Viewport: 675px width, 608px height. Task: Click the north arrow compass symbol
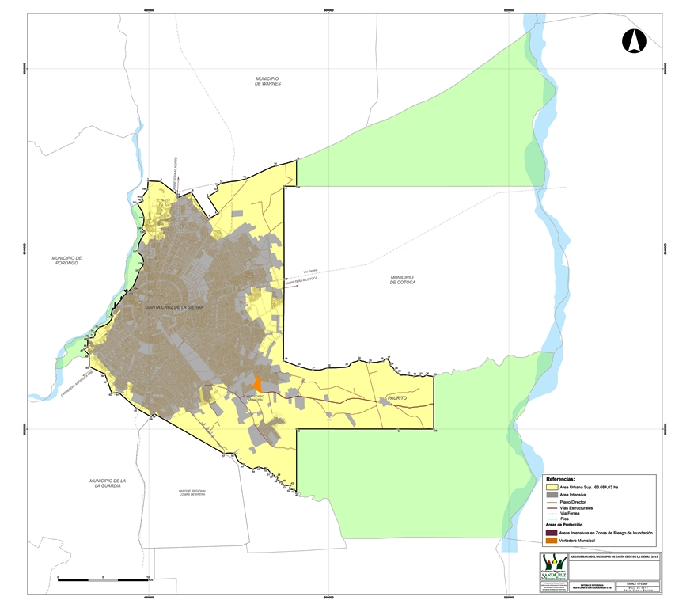coord(634,40)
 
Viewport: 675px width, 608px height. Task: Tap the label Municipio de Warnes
coord(268,81)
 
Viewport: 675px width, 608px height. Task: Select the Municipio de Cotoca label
coord(402,279)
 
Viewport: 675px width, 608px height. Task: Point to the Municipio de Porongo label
coord(67,260)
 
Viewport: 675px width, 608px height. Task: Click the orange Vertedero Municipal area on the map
coord(256,385)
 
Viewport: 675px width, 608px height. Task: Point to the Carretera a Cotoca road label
coord(301,283)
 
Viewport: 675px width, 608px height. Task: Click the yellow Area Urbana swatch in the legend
coord(551,487)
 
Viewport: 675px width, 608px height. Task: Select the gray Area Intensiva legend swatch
coord(551,494)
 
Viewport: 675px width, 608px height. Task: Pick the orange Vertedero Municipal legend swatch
coord(551,541)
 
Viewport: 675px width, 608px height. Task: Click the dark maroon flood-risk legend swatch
coord(551,534)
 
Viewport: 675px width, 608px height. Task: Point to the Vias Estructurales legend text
coord(576,507)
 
